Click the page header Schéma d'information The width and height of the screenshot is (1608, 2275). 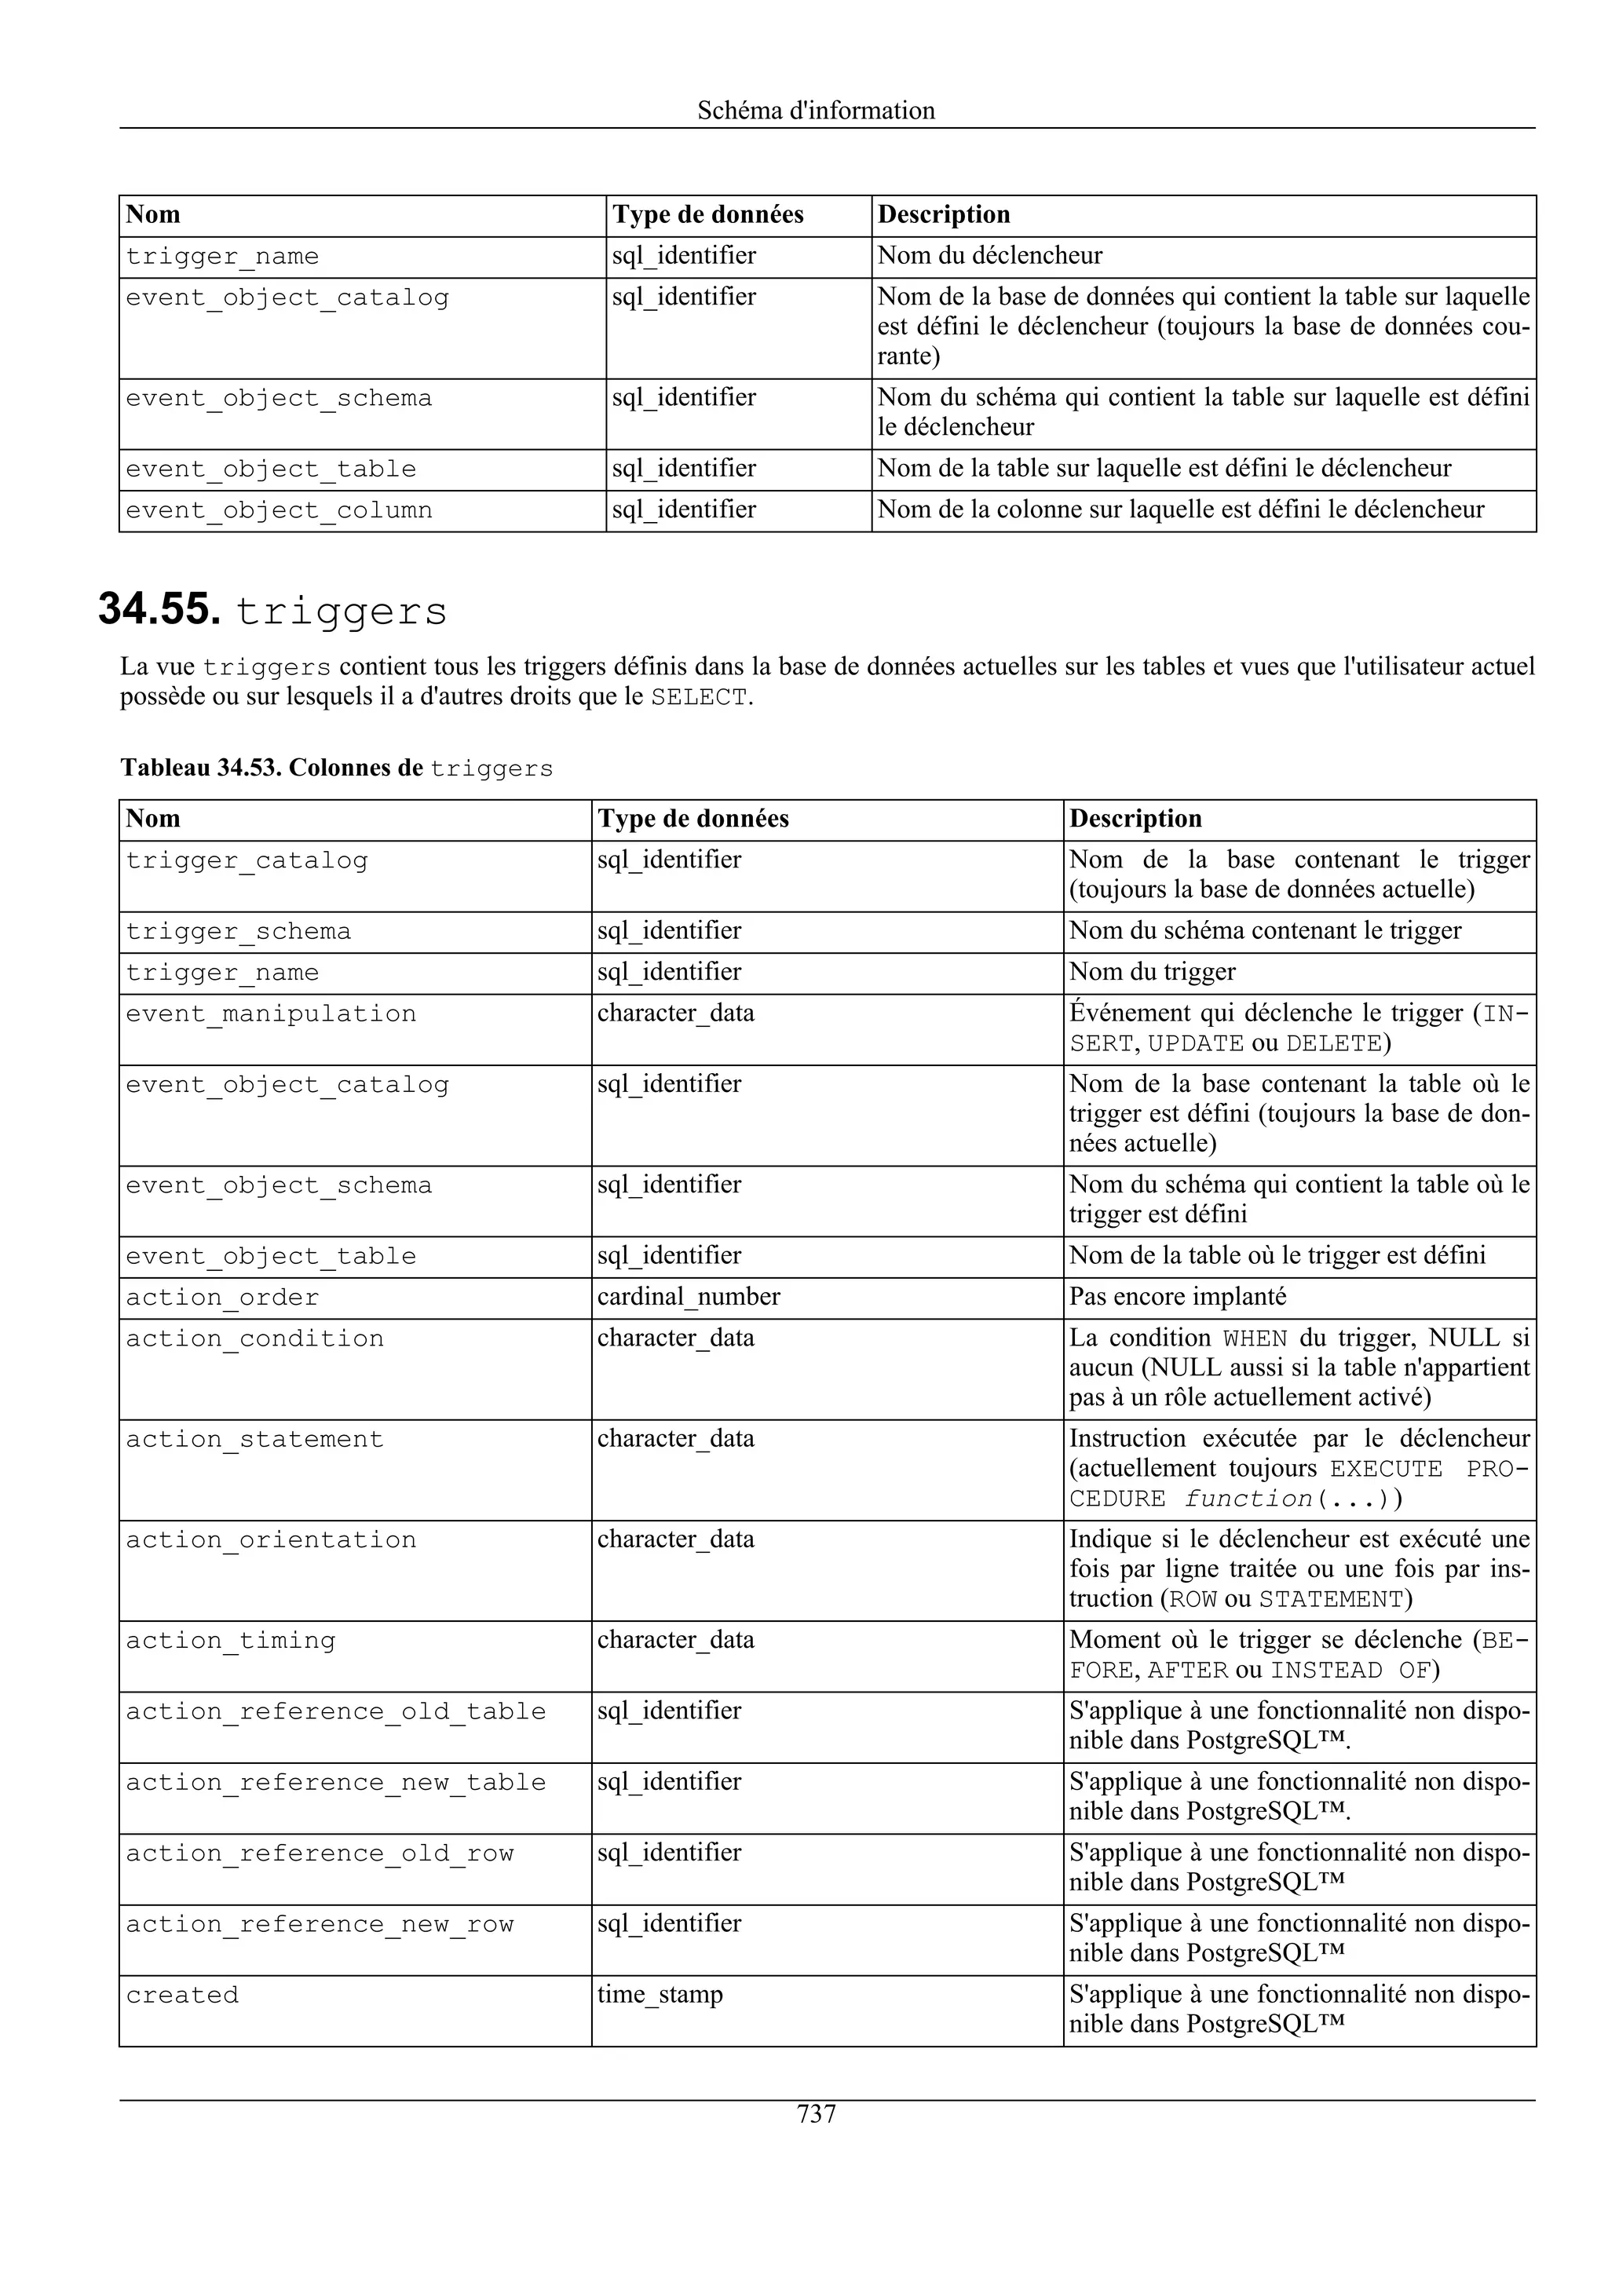click(x=816, y=110)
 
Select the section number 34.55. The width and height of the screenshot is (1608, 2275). click(x=159, y=609)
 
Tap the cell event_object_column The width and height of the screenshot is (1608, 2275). click(x=279, y=510)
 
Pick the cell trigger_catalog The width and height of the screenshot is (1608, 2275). click(x=246, y=860)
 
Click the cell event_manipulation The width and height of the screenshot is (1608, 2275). click(x=270, y=1013)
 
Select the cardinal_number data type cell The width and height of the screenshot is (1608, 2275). click(x=689, y=1296)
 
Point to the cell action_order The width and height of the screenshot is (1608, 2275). click(x=222, y=1297)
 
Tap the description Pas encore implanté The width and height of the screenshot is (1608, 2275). click(x=1177, y=1296)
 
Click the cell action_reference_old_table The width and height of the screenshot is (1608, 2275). click(x=335, y=1711)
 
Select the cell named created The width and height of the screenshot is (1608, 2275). click(x=182, y=1995)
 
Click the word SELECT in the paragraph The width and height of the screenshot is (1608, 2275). click(x=699, y=698)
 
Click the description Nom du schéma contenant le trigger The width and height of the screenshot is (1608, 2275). click(x=1264, y=930)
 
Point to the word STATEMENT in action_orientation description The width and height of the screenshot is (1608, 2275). click(x=1331, y=1599)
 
